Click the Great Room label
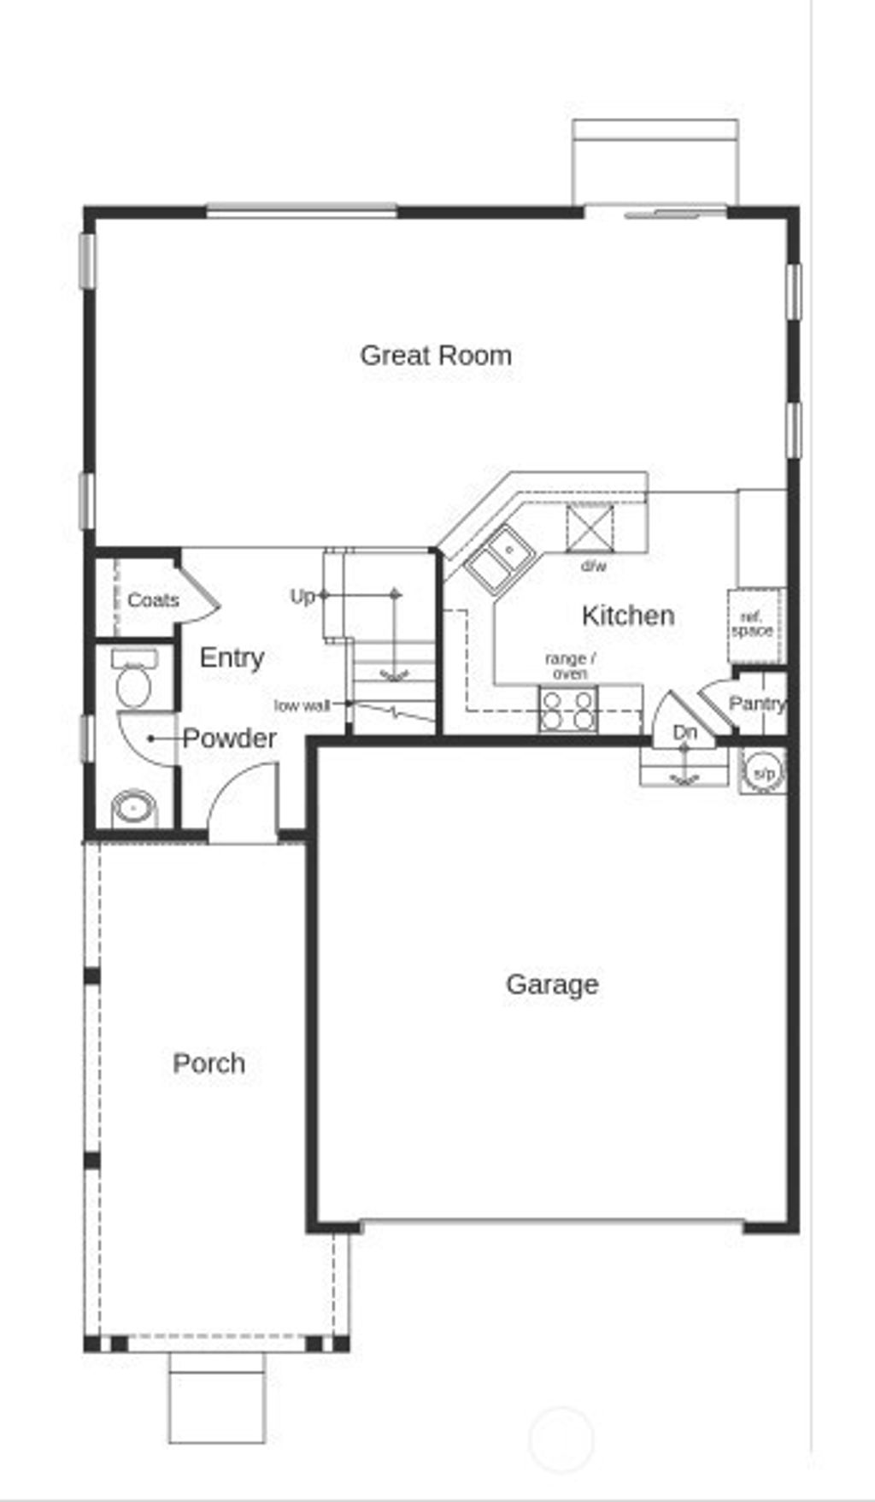click(x=436, y=356)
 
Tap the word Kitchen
click(x=627, y=616)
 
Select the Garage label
click(x=552, y=984)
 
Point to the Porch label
click(x=208, y=1063)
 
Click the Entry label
click(x=232, y=657)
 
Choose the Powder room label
click(x=229, y=739)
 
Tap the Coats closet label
click(x=153, y=600)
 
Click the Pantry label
click(x=756, y=704)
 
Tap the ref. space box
click(x=753, y=625)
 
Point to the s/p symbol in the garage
click(x=762, y=773)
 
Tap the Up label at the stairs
click(x=302, y=596)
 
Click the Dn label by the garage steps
click(x=684, y=733)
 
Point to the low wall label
click(x=302, y=705)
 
